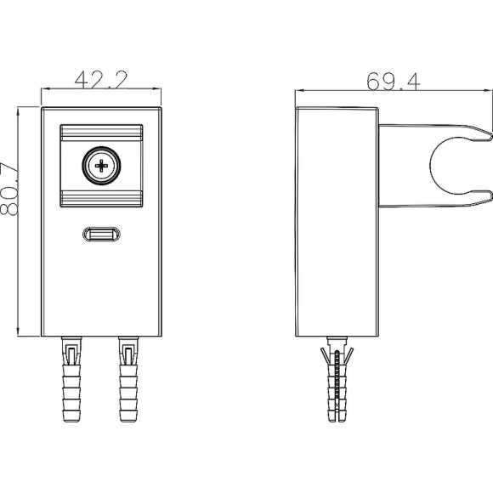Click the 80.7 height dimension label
9,189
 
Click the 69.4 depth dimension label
394,82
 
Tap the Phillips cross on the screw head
101,166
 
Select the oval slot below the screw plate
101,235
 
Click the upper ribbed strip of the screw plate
101,133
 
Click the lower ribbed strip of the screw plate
101,199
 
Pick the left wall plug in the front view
71,379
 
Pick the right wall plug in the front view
128,379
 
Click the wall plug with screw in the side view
337,379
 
